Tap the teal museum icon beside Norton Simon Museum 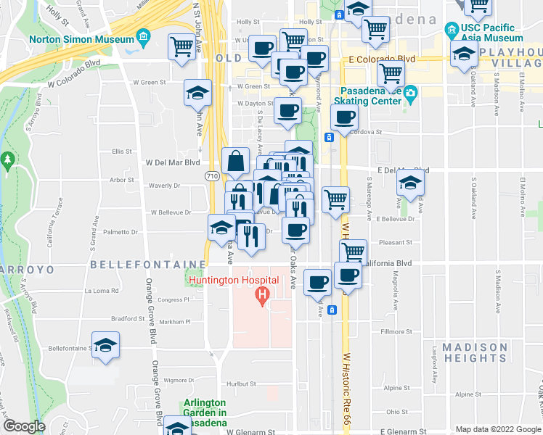point(144,36)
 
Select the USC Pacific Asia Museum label point(491,33)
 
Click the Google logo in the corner point(23,427)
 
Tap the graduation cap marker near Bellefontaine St point(106,345)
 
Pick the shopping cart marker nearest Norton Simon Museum point(181,47)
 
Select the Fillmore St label point(397,332)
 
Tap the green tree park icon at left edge point(8,159)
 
